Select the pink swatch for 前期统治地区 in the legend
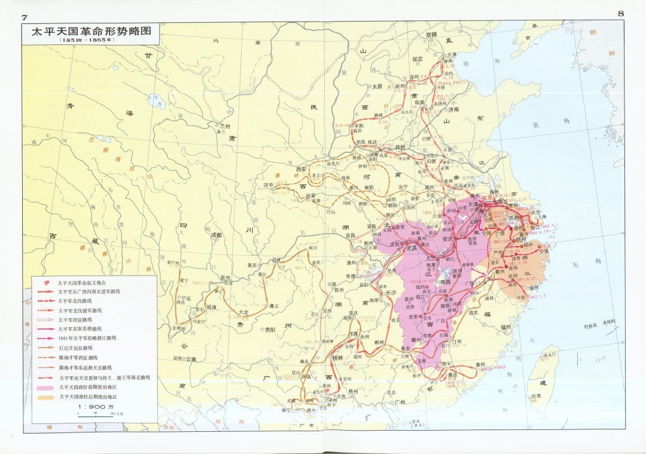[45, 388]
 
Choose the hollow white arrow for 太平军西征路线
[45, 320]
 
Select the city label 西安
[304, 170]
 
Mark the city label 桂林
[337, 357]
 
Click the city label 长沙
[391, 293]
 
